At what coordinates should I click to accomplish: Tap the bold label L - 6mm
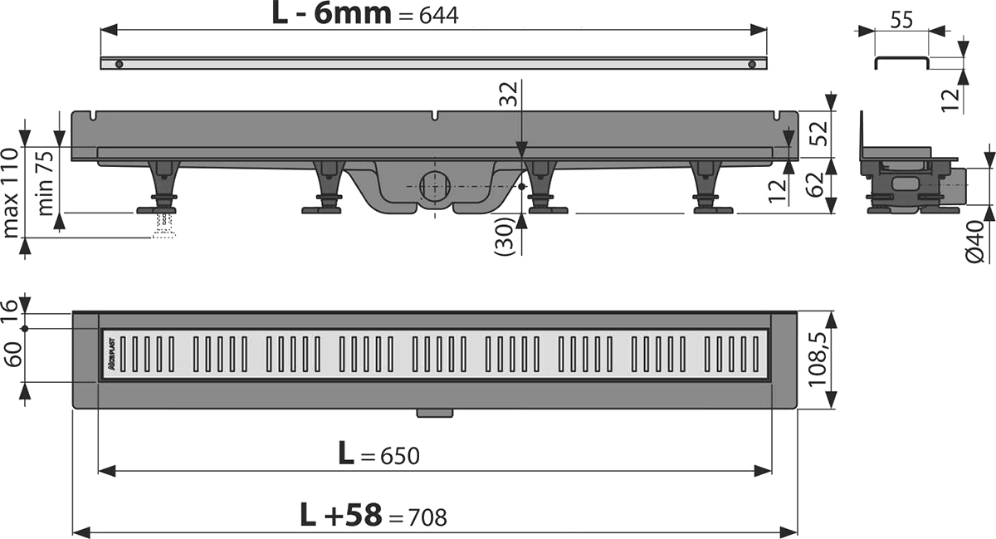pos(332,14)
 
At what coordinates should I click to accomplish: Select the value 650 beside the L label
pos(399,456)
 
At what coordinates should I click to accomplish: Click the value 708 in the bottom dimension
pos(427,517)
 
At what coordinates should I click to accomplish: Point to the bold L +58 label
pos(341,515)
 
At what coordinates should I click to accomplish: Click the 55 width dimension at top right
pos(901,20)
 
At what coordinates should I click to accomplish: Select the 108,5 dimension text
pos(818,360)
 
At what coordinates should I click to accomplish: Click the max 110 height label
pos(10,194)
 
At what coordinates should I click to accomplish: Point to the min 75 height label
pos(46,183)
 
